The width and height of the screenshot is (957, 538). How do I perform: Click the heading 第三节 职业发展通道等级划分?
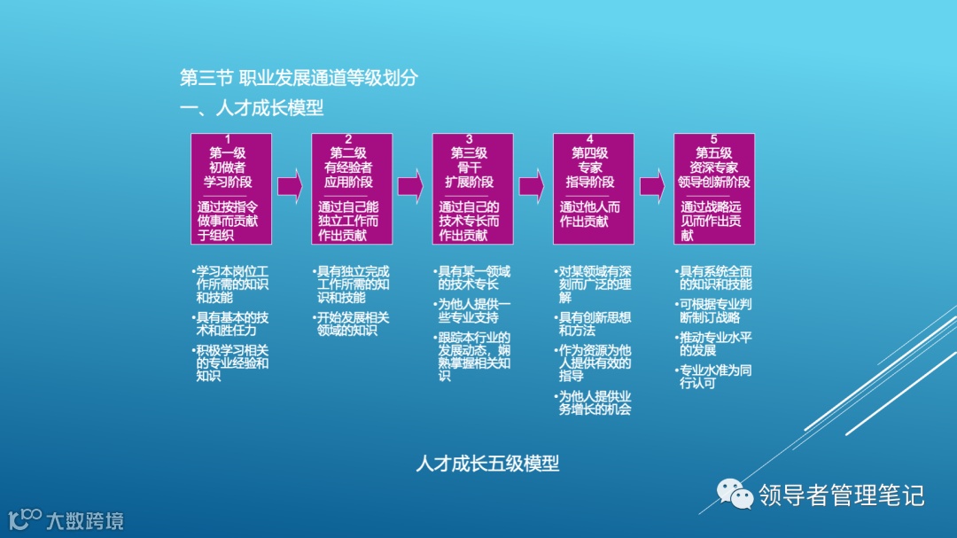click(x=299, y=78)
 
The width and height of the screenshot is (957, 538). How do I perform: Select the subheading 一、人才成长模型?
click(x=252, y=108)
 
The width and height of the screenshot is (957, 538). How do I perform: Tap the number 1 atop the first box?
click(x=229, y=139)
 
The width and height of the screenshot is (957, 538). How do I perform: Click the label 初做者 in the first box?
click(x=228, y=168)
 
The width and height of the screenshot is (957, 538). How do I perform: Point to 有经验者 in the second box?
click(x=348, y=168)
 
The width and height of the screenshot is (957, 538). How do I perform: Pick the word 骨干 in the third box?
click(x=469, y=168)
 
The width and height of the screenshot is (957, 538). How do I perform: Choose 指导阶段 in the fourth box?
click(x=590, y=182)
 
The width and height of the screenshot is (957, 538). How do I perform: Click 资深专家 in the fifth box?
click(x=713, y=168)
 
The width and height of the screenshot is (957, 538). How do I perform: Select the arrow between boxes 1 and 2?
click(x=290, y=186)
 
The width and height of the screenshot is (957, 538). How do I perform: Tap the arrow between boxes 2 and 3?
click(x=410, y=186)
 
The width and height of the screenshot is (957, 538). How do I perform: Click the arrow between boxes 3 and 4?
click(x=532, y=186)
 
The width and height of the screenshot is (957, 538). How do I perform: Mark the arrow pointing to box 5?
click(x=652, y=186)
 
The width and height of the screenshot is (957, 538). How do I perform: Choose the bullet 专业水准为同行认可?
click(x=713, y=377)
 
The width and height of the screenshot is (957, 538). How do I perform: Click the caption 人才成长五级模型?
click(x=487, y=464)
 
